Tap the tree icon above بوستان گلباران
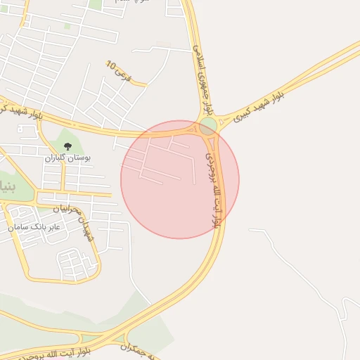point(68,146)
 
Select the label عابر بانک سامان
point(35,226)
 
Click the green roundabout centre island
point(208,127)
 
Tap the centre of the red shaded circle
point(180,179)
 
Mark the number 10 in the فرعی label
point(111,65)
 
